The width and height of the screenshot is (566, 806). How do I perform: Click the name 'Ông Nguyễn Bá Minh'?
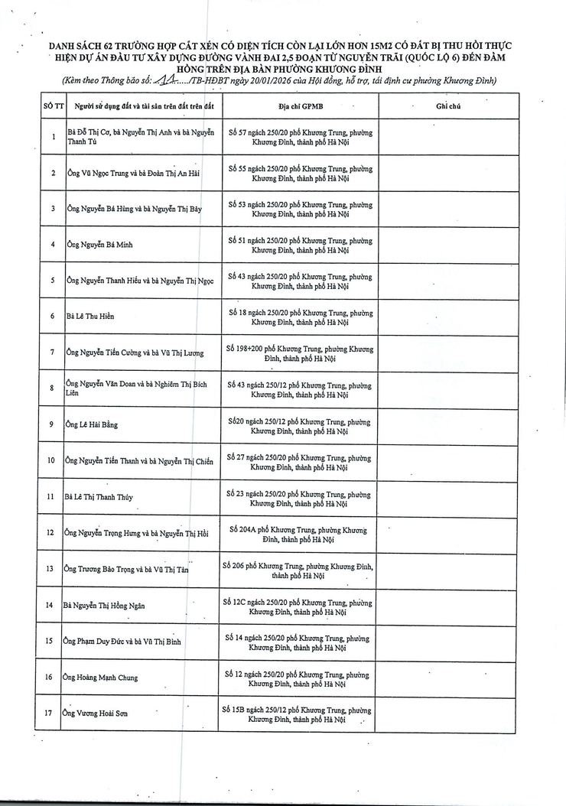coord(94,245)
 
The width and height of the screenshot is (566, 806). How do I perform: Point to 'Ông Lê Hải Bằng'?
coord(93,424)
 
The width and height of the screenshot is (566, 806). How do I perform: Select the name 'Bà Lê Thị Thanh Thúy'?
coord(99,497)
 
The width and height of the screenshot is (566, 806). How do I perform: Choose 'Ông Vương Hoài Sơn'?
coord(96,713)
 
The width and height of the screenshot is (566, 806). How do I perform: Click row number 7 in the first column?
coord(52,353)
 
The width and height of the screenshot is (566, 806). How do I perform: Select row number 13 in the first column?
coord(50,569)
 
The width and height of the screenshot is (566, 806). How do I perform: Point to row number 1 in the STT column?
coord(53,137)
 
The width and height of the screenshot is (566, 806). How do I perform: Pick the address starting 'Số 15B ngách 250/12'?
coord(297,714)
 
